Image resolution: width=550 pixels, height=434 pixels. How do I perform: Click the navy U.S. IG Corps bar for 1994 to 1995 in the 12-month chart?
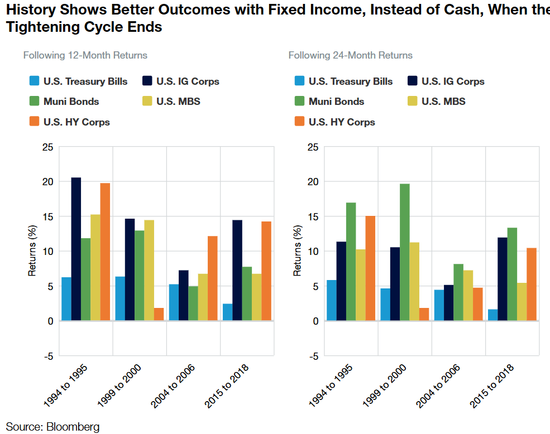[76, 249]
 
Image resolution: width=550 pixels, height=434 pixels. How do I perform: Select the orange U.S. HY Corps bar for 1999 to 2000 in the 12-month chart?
[159, 314]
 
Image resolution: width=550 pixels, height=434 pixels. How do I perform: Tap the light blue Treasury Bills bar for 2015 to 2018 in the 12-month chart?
[227, 312]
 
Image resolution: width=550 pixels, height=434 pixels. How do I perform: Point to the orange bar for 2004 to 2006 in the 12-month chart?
[212, 278]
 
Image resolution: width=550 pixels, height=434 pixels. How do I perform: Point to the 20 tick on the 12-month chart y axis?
[49, 182]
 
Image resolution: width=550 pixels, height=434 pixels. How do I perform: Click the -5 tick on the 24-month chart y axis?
[313, 356]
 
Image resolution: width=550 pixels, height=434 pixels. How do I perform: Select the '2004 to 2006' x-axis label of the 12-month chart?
[171, 385]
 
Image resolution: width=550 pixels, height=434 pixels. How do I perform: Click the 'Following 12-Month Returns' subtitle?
[85, 55]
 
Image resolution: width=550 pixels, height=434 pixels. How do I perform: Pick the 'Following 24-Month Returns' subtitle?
[351, 55]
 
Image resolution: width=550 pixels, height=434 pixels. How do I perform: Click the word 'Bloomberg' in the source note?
[73, 427]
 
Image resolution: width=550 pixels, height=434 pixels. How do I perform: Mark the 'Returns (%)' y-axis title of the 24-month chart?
[298, 251]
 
